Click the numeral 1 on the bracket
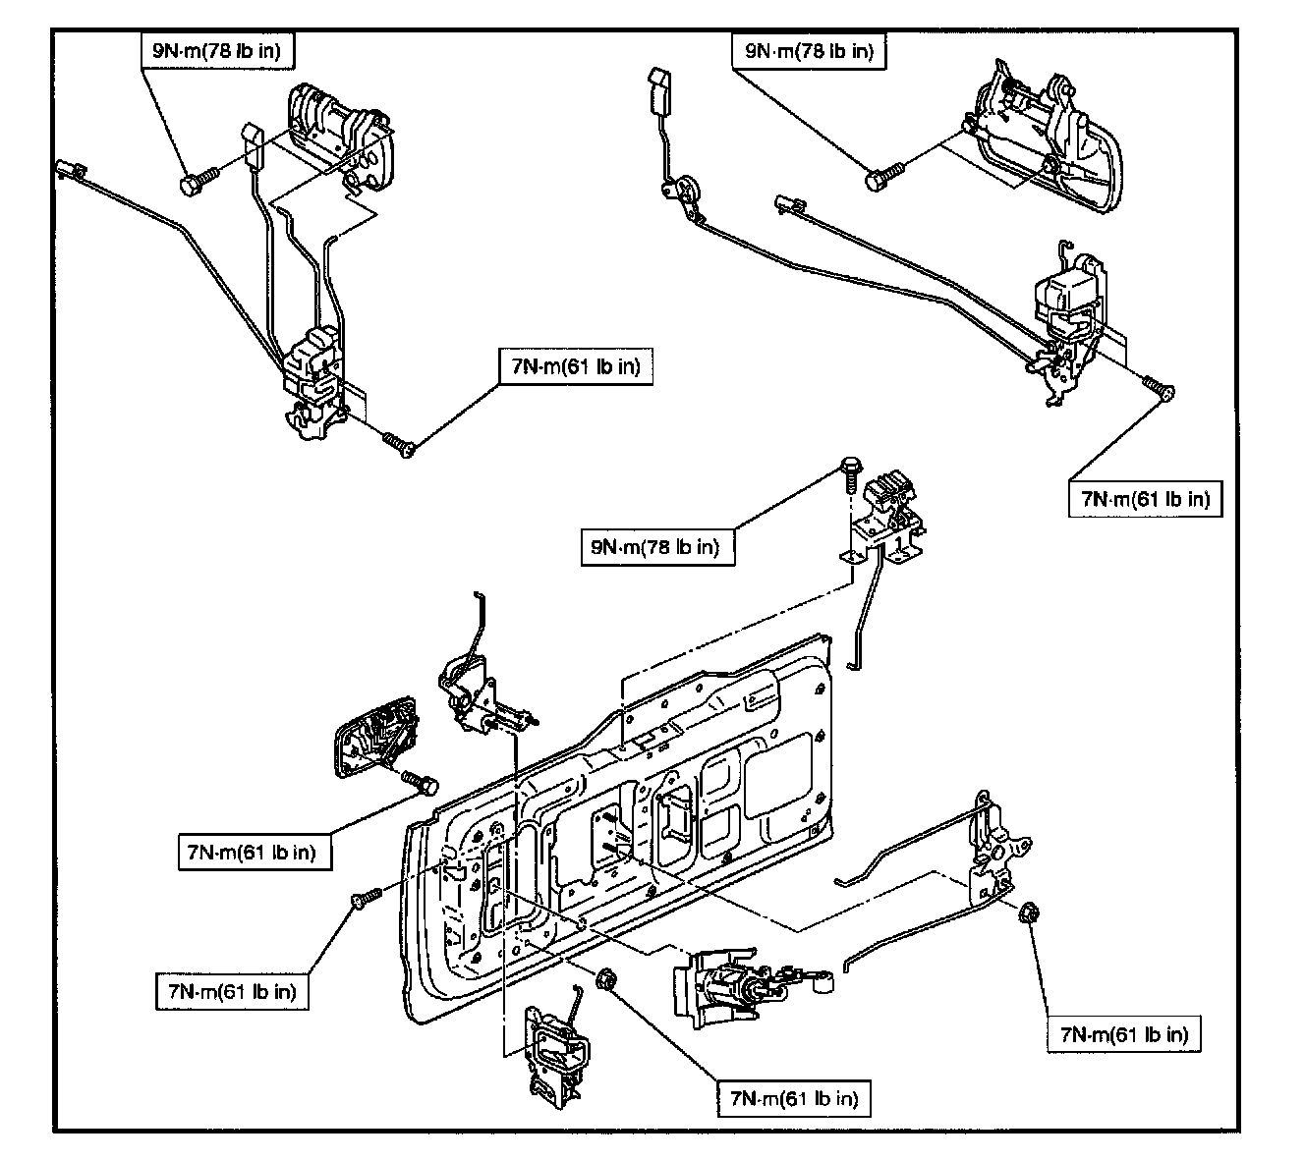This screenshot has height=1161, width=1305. [x=899, y=543]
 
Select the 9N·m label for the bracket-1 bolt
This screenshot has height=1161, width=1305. [x=657, y=547]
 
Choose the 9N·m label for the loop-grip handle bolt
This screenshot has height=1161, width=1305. [x=809, y=51]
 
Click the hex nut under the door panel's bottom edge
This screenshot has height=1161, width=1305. [x=606, y=980]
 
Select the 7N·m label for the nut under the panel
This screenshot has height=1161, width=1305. [x=794, y=1098]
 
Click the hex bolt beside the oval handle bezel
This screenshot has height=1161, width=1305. [x=420, y=782]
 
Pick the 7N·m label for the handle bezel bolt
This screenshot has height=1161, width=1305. [x=255, y=853]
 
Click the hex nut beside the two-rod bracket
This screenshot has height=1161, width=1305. [x=1029, y=912]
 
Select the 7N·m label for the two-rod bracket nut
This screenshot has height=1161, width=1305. [x=1124, y=1035]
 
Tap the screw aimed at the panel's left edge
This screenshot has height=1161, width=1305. [x=367, y=897]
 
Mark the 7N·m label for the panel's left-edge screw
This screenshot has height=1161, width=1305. [x=232, y=992]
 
